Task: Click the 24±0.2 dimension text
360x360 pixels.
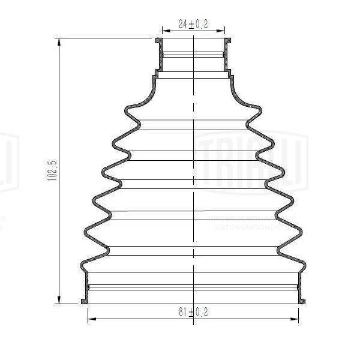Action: tap(193, 25)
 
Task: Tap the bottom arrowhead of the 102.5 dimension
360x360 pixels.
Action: tap(59, 301)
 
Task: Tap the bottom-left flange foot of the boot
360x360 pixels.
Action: tap(84, 301)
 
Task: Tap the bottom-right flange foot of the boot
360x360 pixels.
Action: tap(303, 301)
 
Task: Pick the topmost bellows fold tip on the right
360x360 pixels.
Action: tap(260, 109)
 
